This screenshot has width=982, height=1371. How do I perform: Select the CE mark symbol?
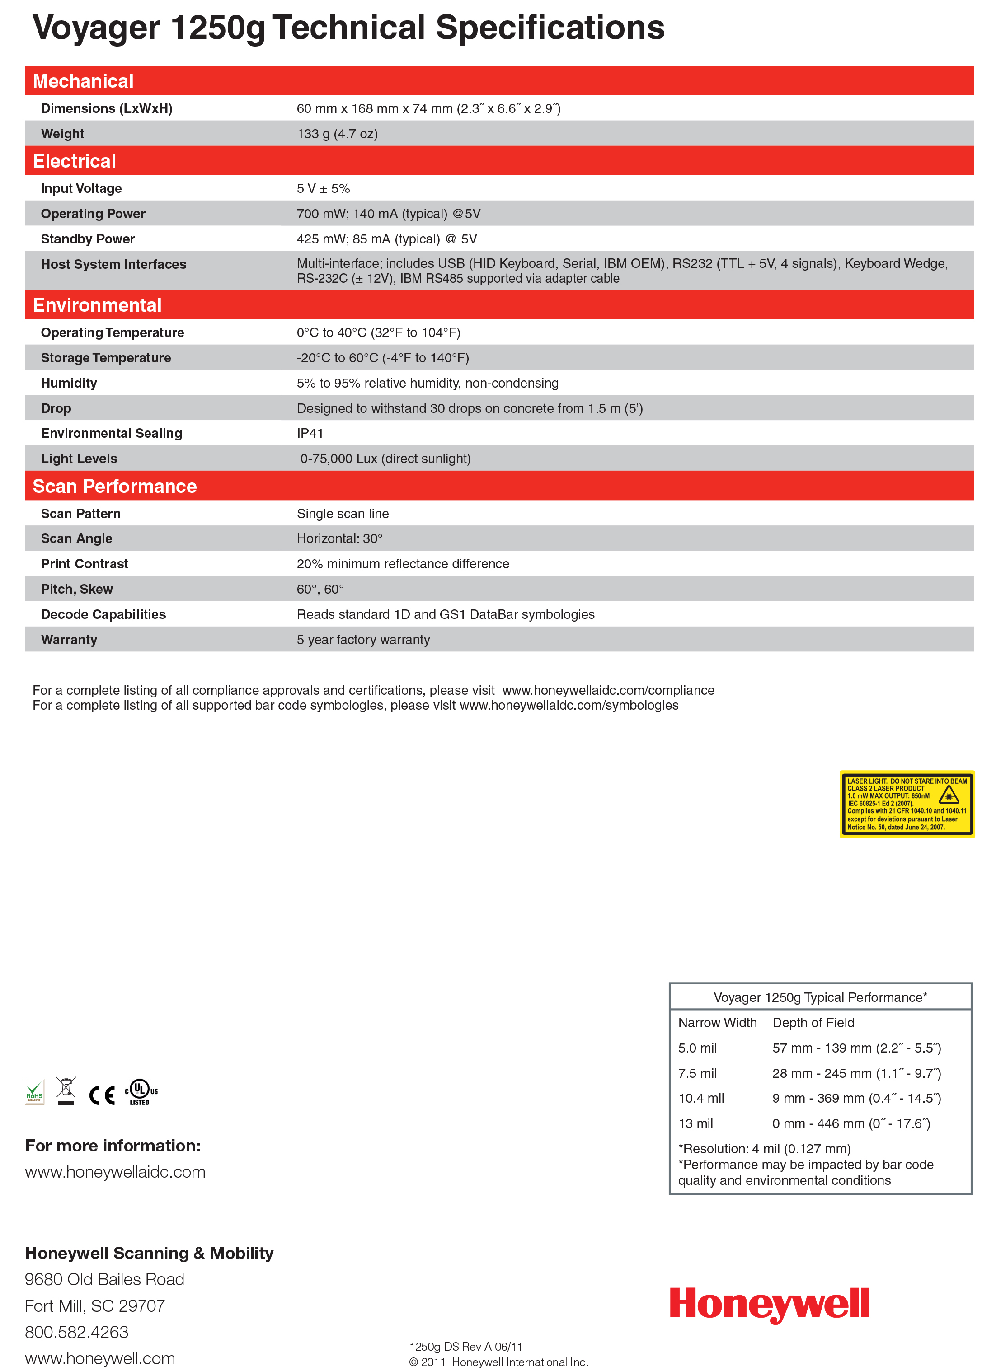[102, 1095]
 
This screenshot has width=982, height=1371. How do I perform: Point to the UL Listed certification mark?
[141, 1092]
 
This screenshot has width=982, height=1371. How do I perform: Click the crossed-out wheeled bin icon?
[66, 1090]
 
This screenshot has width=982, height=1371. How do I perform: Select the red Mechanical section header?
[84, 81]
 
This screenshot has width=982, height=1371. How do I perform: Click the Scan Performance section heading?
[115, 486]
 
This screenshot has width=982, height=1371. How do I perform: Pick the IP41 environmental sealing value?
[310, 433]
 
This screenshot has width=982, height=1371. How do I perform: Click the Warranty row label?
[69, 640]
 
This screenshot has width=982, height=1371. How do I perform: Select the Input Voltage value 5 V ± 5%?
[323, 189]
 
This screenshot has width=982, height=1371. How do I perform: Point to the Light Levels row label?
[79, 459]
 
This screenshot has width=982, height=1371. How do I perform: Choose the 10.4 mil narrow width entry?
[701, 1098]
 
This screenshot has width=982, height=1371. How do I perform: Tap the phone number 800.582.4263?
[76, 1332]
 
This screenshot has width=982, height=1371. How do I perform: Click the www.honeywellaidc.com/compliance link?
[608, 690]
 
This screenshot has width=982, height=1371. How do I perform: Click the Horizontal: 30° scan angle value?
[339, 538]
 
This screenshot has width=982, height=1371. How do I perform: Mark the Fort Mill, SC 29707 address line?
[95, 1305]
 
